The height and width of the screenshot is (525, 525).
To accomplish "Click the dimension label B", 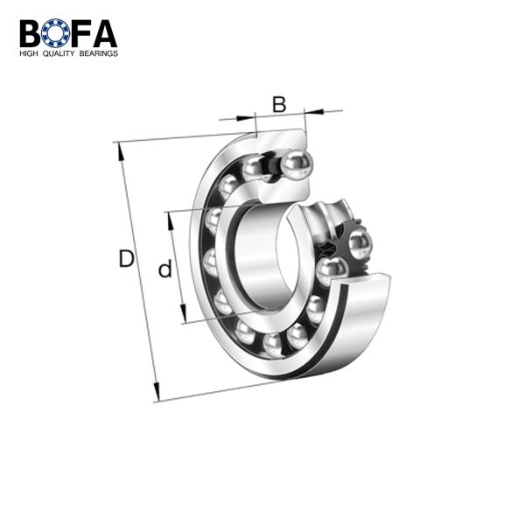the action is (x=279, y=104).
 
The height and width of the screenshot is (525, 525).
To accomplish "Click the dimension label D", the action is (x=127, y=258).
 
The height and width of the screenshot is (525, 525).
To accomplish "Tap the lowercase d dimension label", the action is (x=165, y=268).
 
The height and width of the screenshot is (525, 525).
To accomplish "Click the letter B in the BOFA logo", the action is (x=30, y=33).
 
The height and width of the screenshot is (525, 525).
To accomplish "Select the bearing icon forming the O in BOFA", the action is (x=56, y=33).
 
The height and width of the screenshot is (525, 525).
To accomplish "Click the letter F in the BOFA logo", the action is (x=80, y=33).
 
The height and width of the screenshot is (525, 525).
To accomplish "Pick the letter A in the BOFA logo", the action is (x=104, y=33).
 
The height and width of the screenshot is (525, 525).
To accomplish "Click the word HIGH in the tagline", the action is (x=29, y=53).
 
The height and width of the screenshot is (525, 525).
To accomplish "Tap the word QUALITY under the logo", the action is (x=59, y=53).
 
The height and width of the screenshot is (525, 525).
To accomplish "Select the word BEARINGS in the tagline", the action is (x=98, y=53).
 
